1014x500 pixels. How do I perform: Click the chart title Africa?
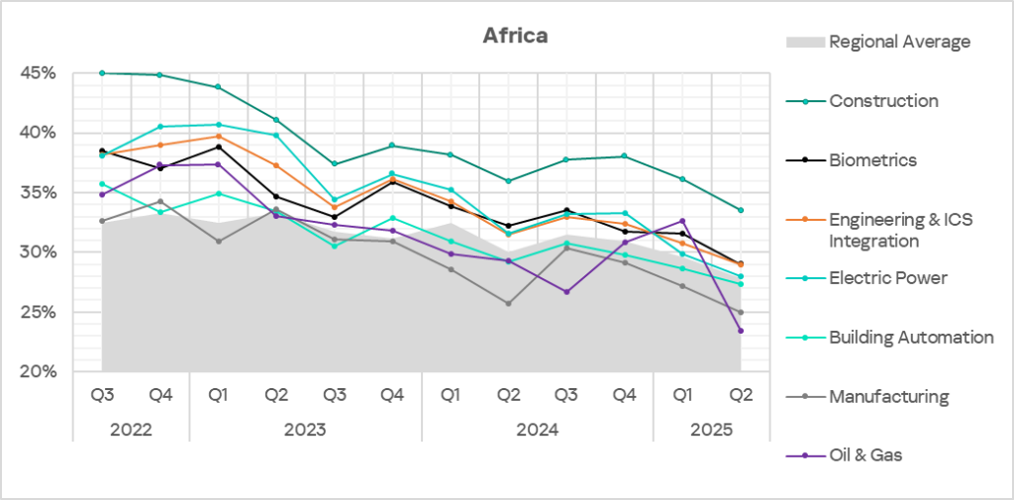click(515, 36)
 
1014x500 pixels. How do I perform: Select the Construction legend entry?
click(883, 101)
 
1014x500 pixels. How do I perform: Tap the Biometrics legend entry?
click(872, 160)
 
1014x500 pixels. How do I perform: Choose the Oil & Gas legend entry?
click(865, 455)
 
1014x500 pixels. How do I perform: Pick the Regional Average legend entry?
click(899, 42)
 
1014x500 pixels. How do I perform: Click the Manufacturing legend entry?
click(888, 397)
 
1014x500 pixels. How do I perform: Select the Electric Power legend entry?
click(887, 278)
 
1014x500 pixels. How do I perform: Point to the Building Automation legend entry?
click(911, 338)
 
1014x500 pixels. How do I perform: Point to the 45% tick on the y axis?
click(39, 73)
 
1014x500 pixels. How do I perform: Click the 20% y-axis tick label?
click(39, 372)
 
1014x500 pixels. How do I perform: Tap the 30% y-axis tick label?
click(39, 252)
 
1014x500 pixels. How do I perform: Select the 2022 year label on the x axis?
click(131, 431)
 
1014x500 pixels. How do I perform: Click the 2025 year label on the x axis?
click(711, 431)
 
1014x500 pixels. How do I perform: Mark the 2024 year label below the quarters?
click(537, 431)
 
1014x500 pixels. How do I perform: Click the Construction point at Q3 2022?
click(102, 73)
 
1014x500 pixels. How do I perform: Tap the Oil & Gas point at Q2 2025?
click(740, 331)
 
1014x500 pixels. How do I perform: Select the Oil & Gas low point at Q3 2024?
click(565, 292)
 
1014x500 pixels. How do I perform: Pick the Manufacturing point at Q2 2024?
click(508, 303)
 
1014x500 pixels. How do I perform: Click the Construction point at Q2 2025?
click(740, 210)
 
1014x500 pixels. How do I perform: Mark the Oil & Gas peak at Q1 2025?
click(682, 221)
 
